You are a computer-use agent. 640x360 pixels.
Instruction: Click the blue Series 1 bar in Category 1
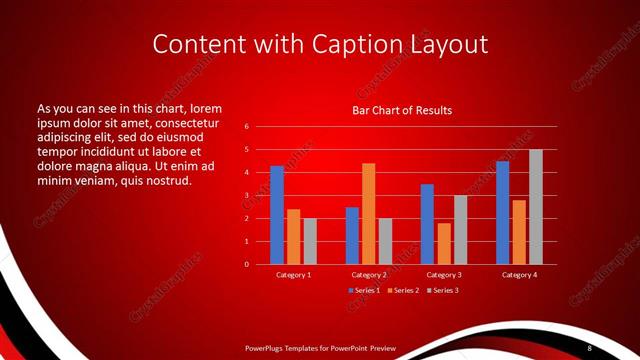pos(277,215)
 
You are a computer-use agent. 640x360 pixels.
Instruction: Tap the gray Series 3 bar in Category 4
pos(536,207)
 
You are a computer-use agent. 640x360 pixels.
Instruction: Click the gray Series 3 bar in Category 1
pos(310,241)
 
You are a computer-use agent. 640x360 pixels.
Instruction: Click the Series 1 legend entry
pos(363,290)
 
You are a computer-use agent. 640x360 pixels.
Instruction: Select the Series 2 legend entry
pos(401,290)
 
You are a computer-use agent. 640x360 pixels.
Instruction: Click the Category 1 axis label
pos(294,274)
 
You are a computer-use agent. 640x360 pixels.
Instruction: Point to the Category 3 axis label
pos(444,274)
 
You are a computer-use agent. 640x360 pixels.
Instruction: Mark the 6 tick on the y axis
pos(246,127)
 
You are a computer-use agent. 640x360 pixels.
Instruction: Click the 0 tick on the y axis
pos(246,264)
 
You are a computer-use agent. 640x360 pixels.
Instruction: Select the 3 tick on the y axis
pos(246,196)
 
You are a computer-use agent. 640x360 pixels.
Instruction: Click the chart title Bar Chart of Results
pos(402,109)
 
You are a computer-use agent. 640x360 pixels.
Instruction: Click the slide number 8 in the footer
pos(589,347)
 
